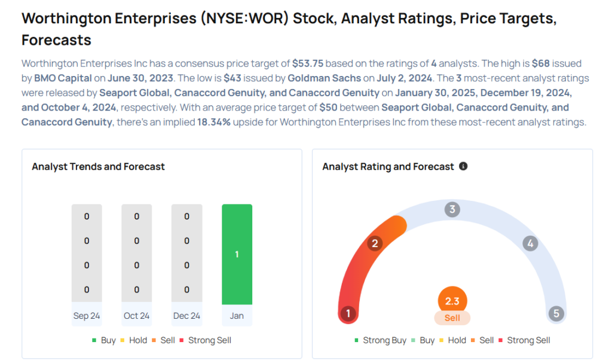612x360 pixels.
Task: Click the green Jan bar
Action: click(x=237, y=254)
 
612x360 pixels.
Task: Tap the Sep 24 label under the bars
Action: click(x=87, y=315)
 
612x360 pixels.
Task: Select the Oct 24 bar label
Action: click(x=137, y=315)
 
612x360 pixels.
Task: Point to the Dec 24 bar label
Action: click(x=186, y=315)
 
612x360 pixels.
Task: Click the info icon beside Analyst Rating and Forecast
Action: click(x=463, y=166)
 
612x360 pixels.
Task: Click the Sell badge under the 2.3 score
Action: click(x=452, y=318)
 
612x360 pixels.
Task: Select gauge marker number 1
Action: click(x=348, y=313)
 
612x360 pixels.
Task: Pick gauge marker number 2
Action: click(x=375, y=243)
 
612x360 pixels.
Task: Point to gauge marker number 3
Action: click(x=452, y=209)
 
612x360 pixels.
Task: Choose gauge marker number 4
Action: click(x=530, y=243)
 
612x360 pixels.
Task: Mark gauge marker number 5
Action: click(x=556, y=313)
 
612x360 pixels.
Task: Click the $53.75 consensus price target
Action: click(x=308, y=63)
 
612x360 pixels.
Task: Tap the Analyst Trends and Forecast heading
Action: click(x=98, y=166)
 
